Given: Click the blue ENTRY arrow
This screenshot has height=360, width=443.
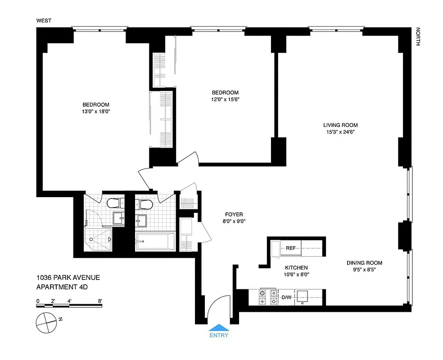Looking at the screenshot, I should pos(219,327).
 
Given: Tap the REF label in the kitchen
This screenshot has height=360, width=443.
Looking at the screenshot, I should pos(291,248).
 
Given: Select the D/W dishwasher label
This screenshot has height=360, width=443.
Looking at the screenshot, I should pos(286,297).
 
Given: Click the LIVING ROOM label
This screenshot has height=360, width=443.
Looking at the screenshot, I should pos(340,125).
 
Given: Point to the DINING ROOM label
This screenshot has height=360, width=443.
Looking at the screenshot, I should pos(364,263).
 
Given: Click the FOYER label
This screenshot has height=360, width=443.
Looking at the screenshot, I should pos(234,215).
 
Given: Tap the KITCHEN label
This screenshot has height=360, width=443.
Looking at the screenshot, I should pos(296,267).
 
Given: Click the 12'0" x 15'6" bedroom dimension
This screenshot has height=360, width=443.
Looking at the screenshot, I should pos(225,100).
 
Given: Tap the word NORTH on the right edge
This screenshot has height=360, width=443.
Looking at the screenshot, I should pos(418,36).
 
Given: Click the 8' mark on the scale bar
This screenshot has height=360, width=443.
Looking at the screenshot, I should pos(100,301).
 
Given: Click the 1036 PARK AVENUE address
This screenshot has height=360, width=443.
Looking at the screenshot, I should pos(68,278).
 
